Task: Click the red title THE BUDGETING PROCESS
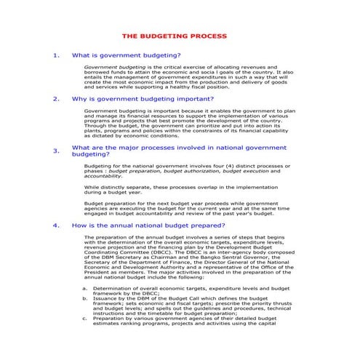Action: coord(174,36)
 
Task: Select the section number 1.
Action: coord(57,55)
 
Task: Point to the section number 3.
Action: coord(57,151)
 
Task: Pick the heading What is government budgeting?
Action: coord(127,55)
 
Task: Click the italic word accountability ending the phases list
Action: coord(103,176)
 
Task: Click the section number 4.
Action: coord(57,225)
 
